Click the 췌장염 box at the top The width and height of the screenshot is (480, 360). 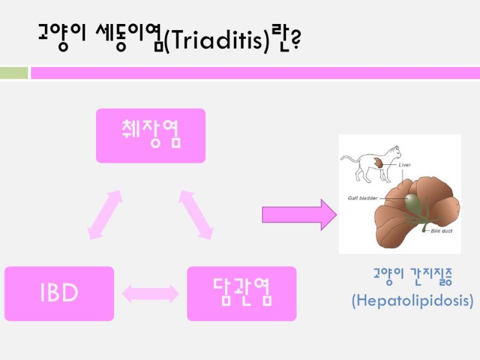[151, 136]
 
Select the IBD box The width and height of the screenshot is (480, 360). [59, 293]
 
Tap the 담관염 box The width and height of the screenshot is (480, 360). [242, 293]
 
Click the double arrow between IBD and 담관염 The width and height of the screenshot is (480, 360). [151, 293]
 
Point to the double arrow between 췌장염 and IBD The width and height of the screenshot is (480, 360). [105, 214]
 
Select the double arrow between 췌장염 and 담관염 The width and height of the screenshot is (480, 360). [196, 214]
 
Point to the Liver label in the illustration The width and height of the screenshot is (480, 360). [405, 164]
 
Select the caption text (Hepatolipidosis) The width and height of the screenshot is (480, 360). [412, 300]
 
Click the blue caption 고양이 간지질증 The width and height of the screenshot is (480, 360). [412, 277]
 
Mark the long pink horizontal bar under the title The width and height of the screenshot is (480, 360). [255, 73]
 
